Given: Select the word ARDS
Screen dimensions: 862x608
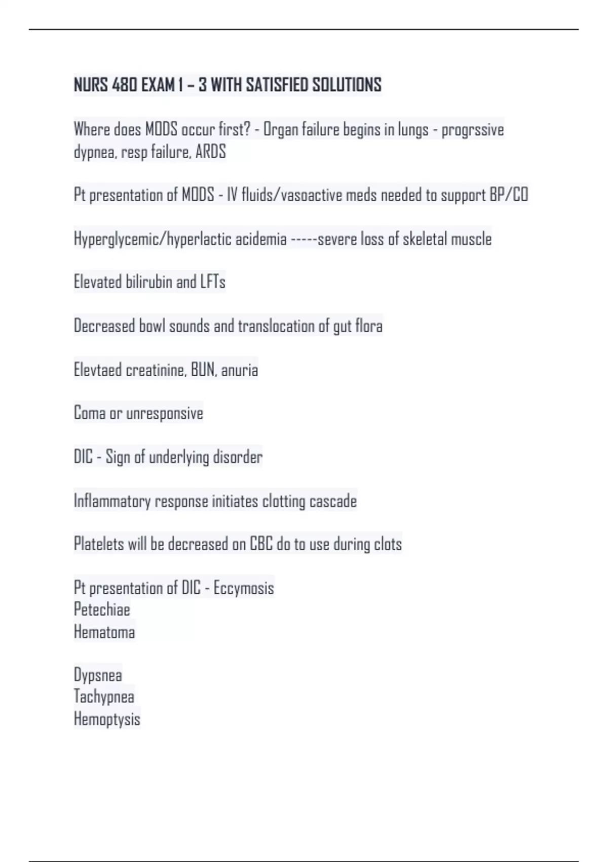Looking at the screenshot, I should click(x=210, y=152).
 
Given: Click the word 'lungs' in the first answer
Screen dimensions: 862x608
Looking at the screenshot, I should click(x=413, y=130).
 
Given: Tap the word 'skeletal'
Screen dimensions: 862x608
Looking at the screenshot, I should click(x=425, y=239).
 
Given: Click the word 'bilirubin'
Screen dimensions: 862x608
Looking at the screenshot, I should click(x=148, y=282).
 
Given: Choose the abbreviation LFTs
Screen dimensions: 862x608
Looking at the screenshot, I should click(x=213, y=282).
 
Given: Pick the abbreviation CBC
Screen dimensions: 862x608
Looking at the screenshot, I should click(x=261, y=544).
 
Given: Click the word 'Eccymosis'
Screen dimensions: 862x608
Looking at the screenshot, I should click(x=244, y=588).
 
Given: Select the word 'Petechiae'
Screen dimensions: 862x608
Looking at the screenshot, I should click(x=102, y=609).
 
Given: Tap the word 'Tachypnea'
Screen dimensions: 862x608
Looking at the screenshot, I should click(x=104, y=697).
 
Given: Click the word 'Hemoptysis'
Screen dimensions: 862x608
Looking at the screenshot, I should click(x=107, y=719).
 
